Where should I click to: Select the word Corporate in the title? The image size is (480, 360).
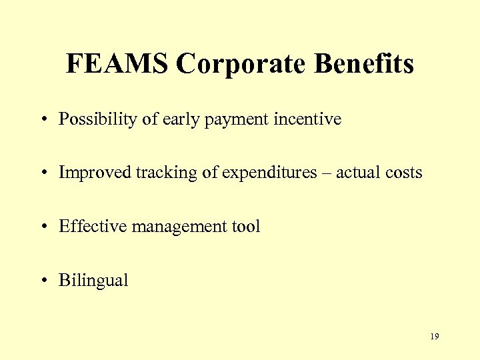(242, 65)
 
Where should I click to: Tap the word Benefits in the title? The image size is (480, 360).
(364, 64)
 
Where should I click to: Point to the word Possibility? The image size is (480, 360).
(98, 120)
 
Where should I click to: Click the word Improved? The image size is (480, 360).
(95, 173)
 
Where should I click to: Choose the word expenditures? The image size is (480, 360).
(269, 173)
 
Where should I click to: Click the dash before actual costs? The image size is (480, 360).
(327, 173)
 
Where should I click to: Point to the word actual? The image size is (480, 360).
(358, 173)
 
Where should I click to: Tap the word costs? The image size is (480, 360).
(404, 173)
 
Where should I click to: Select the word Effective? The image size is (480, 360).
(93, 226)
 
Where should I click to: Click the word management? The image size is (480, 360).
(176, 227)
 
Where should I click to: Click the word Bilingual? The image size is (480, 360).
(93, 280)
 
